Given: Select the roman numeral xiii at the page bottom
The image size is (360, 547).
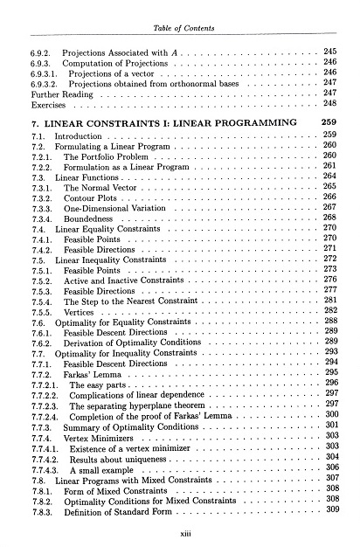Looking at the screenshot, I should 180,530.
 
